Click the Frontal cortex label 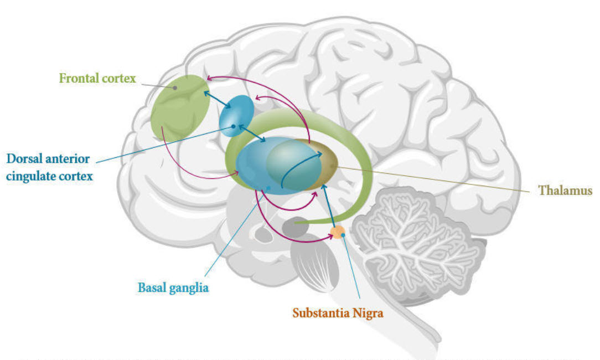click(x=97, y=78)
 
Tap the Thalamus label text click(x=565, y=190)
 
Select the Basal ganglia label click(x=173, y=288)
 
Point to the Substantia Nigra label click(x=338, y=312)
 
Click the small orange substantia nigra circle click(x=337, y=232)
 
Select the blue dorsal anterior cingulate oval click(x=237, y=112)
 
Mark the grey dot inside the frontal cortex click(x=175, y=88)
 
